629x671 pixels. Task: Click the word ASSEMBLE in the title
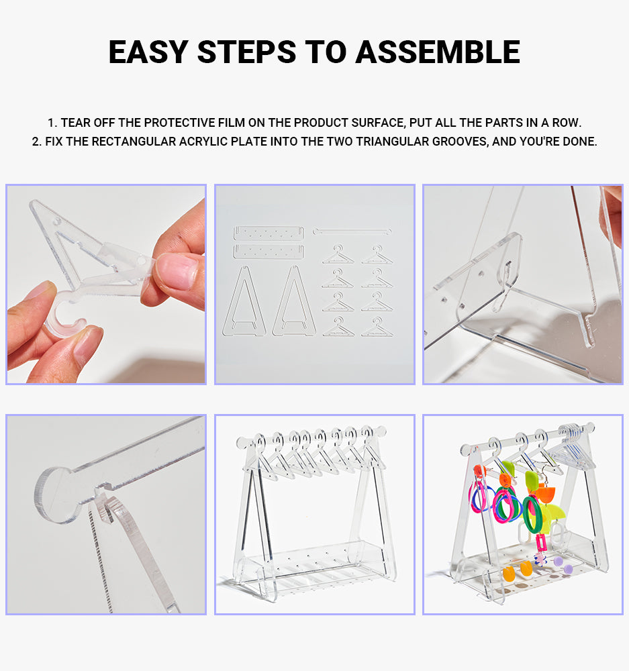438,52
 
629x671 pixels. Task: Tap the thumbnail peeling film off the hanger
106,284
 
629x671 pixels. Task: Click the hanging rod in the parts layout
351,231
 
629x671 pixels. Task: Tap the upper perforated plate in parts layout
268,233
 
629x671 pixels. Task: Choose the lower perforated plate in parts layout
268,252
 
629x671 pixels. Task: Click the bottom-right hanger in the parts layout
376,327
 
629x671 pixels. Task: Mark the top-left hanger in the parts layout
337,254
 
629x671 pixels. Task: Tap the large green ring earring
533,514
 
